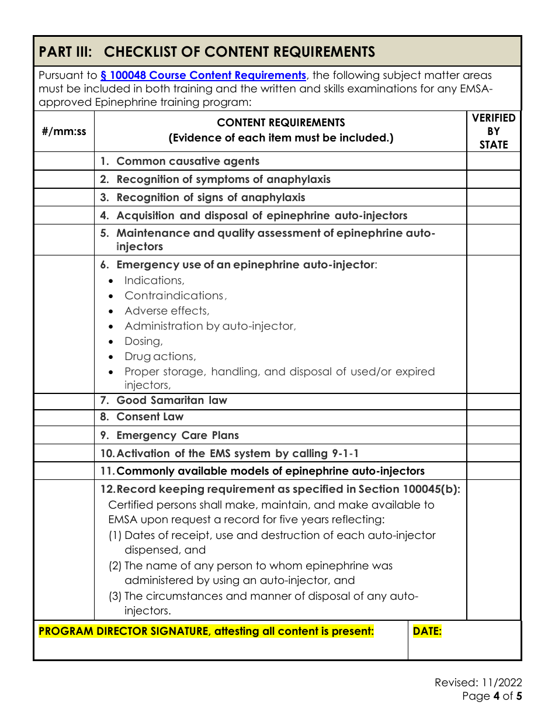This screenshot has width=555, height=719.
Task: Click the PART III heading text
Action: point(207,52)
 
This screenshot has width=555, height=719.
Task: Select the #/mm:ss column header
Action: point(64,131)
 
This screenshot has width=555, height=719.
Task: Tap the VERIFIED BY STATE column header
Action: point(494,132)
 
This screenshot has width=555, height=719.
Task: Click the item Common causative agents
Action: point(188,161)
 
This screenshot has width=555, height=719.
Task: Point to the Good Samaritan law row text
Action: point(171,400)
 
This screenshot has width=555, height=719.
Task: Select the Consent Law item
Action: point(150,417)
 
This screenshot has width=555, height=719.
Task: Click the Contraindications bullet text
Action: point(174,296)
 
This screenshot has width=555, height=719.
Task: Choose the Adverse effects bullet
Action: point(166,311)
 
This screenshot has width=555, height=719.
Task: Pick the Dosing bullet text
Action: point(143,341)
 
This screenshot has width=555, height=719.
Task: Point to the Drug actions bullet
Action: point(159,357)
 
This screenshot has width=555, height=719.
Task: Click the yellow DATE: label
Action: point(427,631)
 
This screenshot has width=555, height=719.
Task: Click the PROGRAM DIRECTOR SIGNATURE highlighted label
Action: point(206,631)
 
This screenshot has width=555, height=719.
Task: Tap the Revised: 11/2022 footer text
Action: point(478,683)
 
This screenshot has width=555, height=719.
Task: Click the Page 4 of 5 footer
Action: point(491,696)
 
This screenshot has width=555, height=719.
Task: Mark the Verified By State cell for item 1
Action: point(494,161)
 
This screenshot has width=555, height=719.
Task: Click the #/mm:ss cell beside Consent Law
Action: point(64,417)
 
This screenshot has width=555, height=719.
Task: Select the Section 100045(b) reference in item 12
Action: point(408,489)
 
